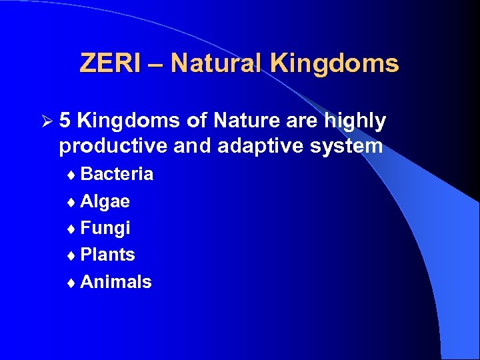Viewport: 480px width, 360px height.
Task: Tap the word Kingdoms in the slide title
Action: point(335,63)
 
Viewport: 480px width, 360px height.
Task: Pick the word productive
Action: point(114,146)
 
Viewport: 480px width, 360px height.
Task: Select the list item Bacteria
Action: point(117,174)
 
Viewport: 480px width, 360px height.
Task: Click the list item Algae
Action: point(105,201)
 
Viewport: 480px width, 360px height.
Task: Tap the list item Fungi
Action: point(105,229)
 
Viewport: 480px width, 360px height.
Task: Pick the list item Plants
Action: point(107,255)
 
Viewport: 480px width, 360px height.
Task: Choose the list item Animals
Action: point(115,282)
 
